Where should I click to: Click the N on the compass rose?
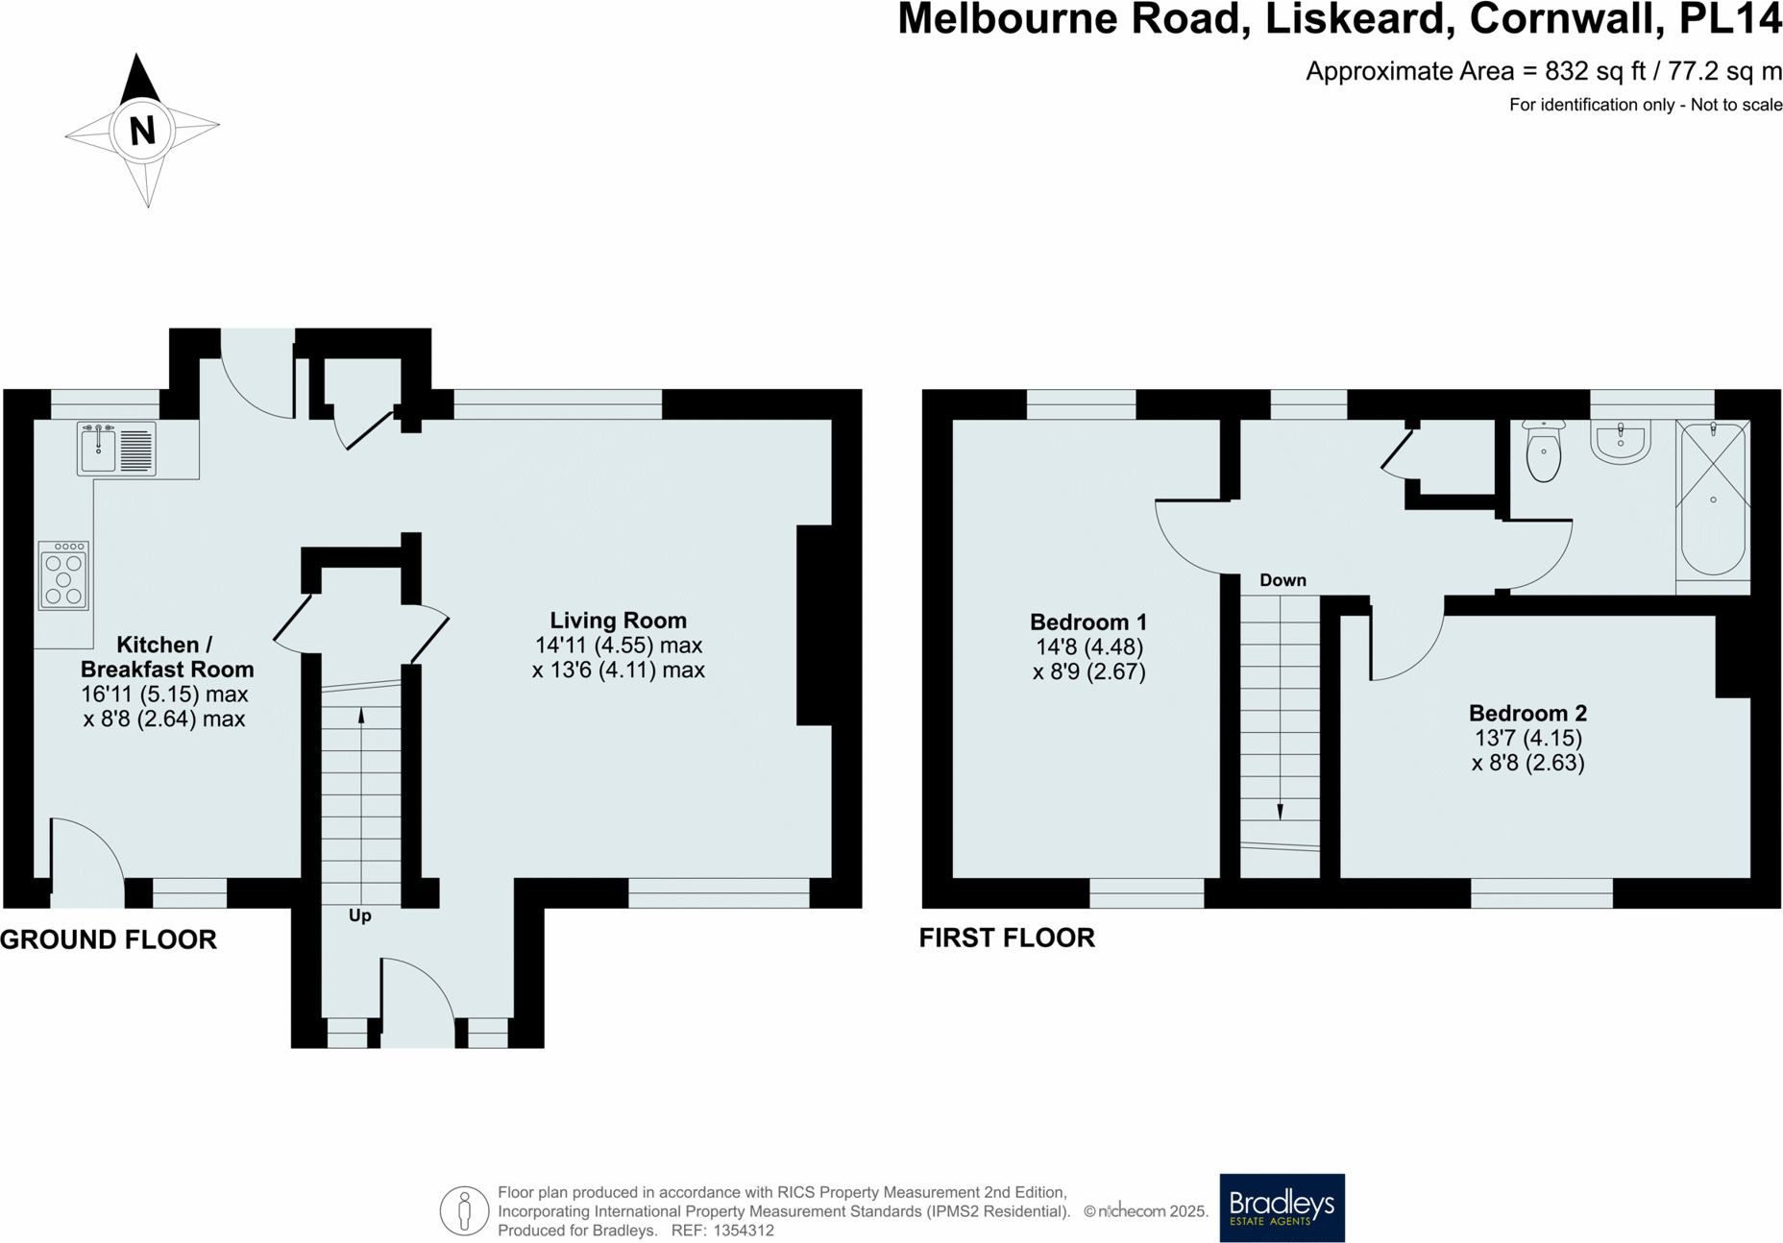142,130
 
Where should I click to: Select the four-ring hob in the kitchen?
63,576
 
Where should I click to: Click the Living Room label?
618,621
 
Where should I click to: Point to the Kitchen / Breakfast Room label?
166,657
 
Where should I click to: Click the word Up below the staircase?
359,915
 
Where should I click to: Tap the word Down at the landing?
1282,580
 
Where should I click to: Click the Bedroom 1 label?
1087,622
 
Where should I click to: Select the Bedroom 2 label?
1527,714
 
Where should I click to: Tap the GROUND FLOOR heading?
109,939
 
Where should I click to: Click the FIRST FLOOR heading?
1007,938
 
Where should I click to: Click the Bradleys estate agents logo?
1282,1207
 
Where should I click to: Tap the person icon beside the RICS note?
464,1210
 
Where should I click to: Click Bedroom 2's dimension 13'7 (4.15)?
1527,739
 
